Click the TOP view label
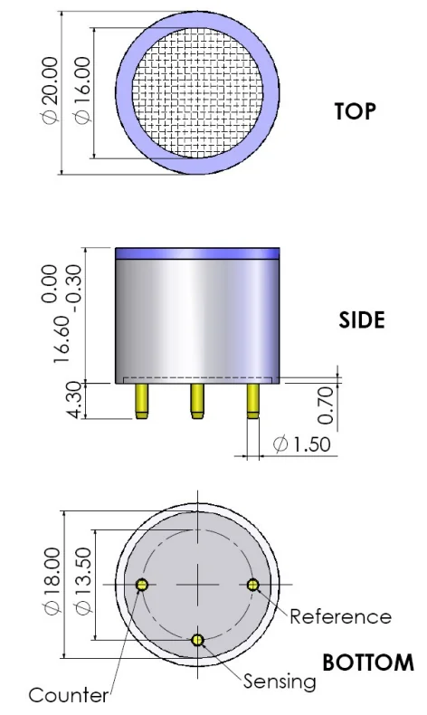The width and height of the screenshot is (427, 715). click(356, 111)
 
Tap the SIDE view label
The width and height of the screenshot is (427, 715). click(362, 320)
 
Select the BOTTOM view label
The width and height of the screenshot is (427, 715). click(368, 663)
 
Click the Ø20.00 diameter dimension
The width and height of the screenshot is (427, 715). click(50, 90)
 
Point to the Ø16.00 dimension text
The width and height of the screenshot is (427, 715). click(82, 90)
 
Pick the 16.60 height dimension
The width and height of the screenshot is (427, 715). click(62, 339)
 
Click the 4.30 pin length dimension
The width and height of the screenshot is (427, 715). click(75, 399)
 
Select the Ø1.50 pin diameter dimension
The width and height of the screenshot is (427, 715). click(301, 444)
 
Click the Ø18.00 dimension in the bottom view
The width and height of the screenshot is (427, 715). click(52, 581)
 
